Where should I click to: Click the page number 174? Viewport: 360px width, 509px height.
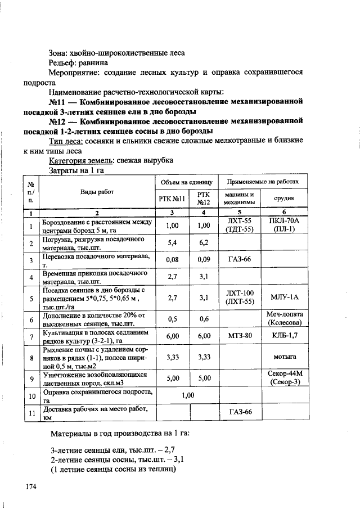(30, 487)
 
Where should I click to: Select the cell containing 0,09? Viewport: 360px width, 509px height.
(204, 260)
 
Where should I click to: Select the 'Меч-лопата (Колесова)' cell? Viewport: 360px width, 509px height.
(285, 318)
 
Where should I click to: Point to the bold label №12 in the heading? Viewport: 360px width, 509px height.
(58, 121)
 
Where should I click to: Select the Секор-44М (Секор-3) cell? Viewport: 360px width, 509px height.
(285, 377)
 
